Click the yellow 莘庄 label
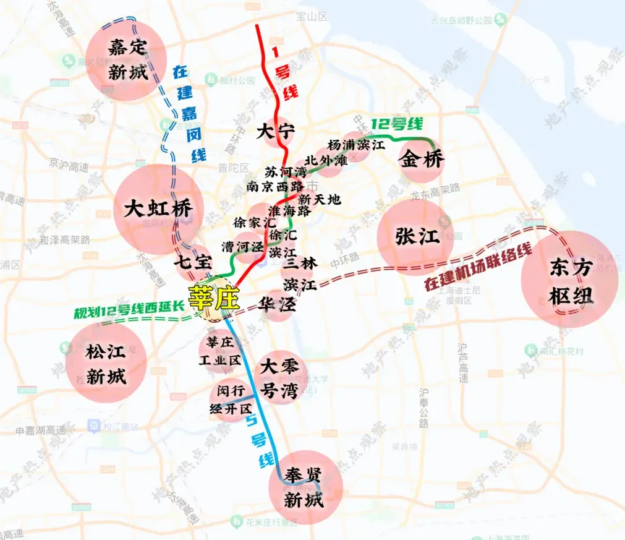214,298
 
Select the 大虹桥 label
157,208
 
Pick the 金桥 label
422,160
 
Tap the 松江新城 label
106,364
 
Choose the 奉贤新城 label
303,487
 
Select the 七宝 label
193,262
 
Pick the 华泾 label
277,306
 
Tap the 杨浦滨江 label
356,145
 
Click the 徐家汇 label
254,222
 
